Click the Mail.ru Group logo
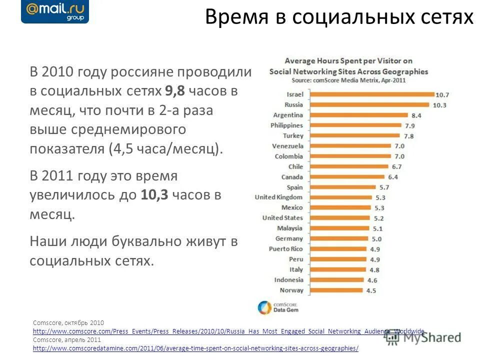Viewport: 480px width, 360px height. tap(55, 12)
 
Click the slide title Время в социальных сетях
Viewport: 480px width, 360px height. tap(339, 18)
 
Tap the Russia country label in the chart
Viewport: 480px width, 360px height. tap(293, 104)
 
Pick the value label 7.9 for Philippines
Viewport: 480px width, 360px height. tap(409, 125)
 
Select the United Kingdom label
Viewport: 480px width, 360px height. tap(278, 197)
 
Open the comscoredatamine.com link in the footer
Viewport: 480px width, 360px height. tap(195, 348)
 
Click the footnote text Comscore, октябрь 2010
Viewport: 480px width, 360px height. tap(68, 323)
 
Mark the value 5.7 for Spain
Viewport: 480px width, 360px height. tap(384, 187)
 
